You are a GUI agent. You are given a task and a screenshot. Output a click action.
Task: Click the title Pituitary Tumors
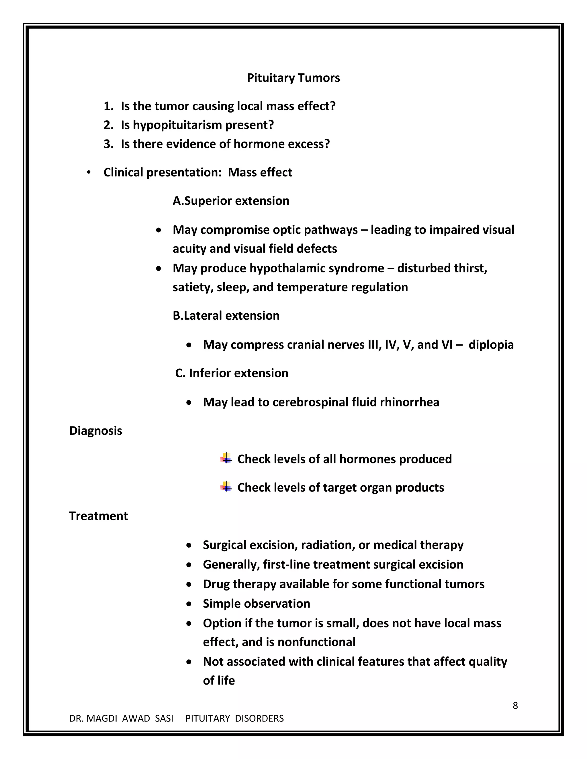(x=293, y=78)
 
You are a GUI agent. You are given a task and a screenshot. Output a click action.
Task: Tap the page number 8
(x=515, y=705)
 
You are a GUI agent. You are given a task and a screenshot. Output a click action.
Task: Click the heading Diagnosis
(x=96, y=430)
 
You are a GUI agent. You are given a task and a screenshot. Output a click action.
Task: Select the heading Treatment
(x=98, y=516)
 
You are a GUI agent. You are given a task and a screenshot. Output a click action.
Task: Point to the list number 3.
(x=108, y=144)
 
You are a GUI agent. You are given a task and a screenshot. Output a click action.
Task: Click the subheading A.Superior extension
(x=231, y=201)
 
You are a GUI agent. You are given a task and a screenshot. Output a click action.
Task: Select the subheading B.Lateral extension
(x=226, y=316)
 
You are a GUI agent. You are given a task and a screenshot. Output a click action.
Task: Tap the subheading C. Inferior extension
(x=232, y=373)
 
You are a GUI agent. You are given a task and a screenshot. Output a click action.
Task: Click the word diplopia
(x=491, y=345)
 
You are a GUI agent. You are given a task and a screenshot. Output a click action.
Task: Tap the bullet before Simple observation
(x=189, y=604)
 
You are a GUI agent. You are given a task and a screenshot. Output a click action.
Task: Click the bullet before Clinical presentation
(x=89, y=172)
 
